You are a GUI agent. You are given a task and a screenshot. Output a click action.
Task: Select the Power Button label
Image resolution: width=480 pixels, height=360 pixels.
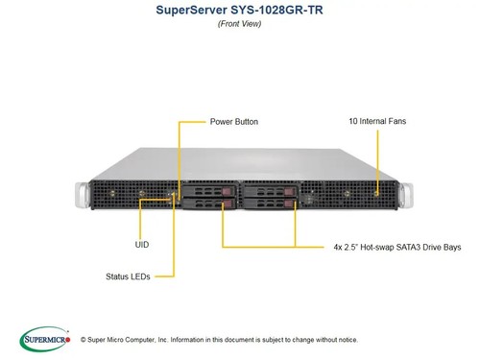pos(233,122)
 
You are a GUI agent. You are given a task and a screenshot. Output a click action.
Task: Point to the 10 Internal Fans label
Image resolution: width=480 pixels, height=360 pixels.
pos(377,122)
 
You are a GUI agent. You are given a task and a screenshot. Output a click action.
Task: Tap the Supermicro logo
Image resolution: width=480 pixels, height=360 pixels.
pos(45,338)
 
